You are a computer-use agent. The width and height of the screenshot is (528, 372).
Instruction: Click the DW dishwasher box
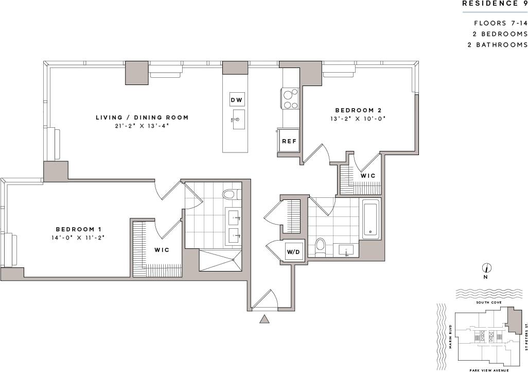tap(236, 99)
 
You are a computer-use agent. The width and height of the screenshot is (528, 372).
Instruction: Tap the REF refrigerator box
tap(288, 141)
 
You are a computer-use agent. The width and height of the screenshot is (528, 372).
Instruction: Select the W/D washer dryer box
tap(293, 252)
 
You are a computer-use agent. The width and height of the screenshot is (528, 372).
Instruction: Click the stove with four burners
tap(290, 98)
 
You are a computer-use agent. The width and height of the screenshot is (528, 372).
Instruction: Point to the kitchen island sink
tap(238, 120)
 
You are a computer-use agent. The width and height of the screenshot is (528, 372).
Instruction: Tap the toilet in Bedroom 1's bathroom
tap(229, 194)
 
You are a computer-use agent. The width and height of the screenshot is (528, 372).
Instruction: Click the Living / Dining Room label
tap(142, 117)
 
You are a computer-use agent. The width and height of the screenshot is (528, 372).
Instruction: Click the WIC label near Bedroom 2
tap(367, 176)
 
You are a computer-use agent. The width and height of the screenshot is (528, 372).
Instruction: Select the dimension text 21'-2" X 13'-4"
tap(142, 126)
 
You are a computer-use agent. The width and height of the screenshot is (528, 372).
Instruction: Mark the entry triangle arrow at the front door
tap(265, 319)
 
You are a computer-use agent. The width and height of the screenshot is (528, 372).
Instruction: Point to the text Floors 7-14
tap(501, 23)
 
